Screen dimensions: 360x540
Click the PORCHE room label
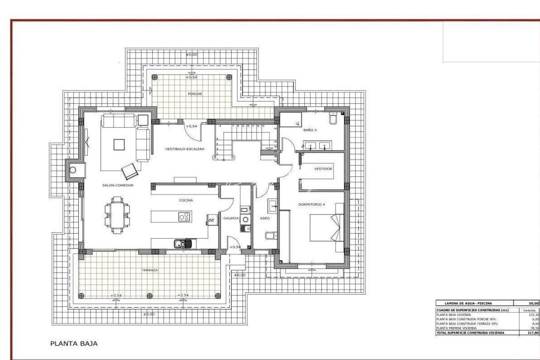click(195, 94)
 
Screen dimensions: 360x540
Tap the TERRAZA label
click(150, 270)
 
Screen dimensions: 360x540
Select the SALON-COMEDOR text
click(118, 185)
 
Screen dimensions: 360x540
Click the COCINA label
click(186, 200)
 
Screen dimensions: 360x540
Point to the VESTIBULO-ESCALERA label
click(185, 149)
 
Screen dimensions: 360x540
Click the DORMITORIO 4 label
click(311, 204)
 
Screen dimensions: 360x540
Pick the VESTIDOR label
click(323, 169)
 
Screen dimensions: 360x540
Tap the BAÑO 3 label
click(310, 130)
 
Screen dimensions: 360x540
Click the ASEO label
click(265, 218)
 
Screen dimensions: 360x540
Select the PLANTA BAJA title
click(74, 343)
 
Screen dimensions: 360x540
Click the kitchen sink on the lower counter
click(183, 244)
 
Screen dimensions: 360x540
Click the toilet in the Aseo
click(270, 236)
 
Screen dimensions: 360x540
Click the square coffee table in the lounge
click(119, 145)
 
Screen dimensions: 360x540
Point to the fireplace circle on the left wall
click(73, 170)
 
